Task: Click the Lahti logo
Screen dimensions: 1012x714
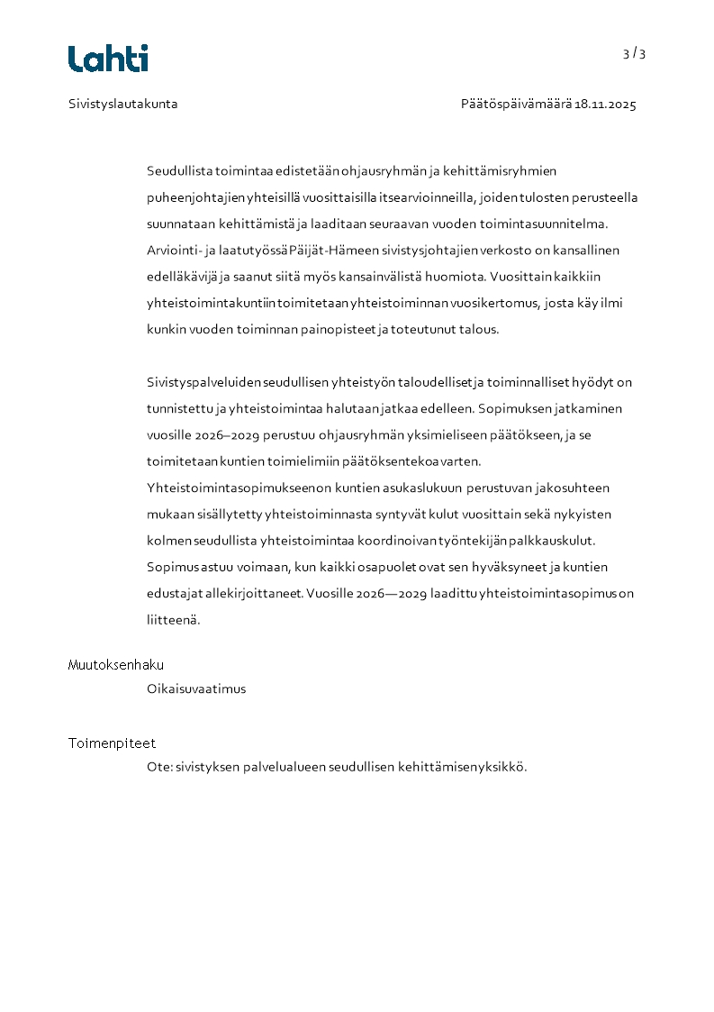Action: tap(108, 59)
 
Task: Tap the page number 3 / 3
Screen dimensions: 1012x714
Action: tap(634, 54)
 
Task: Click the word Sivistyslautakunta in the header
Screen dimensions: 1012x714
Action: tap(123, 104)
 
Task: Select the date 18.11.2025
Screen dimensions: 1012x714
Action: tap(605, 105)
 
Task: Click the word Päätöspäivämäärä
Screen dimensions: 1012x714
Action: tap(516, 105)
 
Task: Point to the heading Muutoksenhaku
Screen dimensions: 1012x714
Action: tap(116, 665)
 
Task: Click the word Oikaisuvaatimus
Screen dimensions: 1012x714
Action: tap(196, 689)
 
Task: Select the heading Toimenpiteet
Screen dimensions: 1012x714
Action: tap(112, 743)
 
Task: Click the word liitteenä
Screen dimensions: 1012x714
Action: tap(173, 621)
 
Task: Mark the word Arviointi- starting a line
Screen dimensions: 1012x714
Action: tap(175, 250)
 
